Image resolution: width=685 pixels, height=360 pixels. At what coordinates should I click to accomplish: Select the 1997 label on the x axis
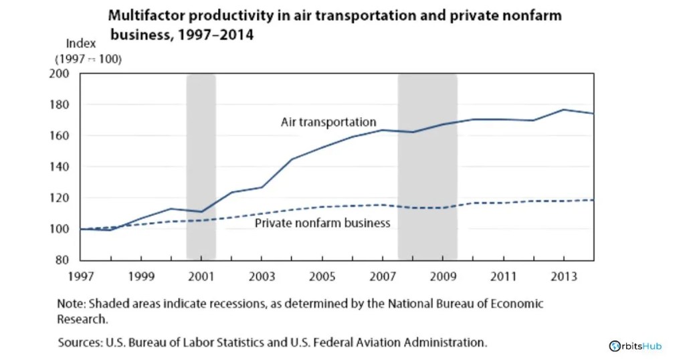coord(81,276)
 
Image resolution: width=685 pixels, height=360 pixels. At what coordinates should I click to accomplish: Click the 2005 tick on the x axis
coord(322,276)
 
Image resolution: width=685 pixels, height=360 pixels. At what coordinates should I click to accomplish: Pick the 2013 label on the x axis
coord(563,276)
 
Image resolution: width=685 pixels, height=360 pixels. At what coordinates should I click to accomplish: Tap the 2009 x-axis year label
coord(442,276)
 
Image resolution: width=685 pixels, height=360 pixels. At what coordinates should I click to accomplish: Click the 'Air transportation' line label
coord(328,122)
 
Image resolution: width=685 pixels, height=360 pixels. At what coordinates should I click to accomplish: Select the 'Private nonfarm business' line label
coord(322,223)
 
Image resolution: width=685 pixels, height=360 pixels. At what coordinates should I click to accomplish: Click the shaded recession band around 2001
coord(201,167)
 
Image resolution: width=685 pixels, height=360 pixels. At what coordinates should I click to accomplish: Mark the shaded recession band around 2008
coord(427,167)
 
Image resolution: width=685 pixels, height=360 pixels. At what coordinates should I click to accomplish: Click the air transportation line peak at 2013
coord(563,110)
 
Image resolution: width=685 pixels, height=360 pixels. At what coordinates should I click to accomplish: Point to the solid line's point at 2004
coord(292,159)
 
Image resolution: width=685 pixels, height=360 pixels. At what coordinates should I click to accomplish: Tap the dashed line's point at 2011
coord(503,203)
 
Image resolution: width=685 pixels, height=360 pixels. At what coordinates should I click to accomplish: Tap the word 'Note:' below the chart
coord(72,304)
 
